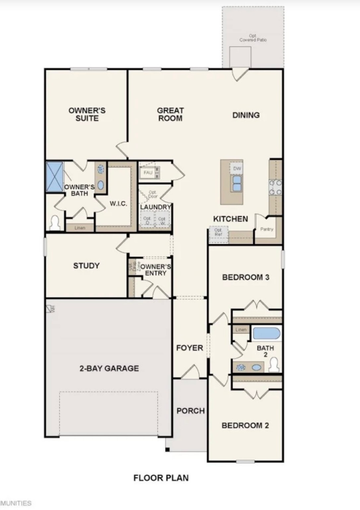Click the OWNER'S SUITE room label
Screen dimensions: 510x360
click(87, 115)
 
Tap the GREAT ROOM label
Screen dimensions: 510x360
click(170, 115)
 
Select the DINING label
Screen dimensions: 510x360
click(246, 115)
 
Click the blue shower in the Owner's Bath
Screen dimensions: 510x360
click(54, 177)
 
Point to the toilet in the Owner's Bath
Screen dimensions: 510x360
click(55, 223)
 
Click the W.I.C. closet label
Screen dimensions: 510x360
click(118, 204)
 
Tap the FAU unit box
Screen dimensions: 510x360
click(148, 173)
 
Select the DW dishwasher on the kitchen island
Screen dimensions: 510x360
click(237, 169)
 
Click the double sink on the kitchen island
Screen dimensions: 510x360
click(237, 183)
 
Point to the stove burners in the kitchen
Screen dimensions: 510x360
click(275, 187)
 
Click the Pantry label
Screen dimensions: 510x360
click(267, 229)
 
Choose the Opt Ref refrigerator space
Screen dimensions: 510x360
click(218, 232)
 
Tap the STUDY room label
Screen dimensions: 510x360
click(86, 266)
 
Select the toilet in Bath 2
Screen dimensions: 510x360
click(274, 365)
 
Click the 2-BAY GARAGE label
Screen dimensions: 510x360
click(109, 368)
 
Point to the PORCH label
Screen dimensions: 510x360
click(190, 411)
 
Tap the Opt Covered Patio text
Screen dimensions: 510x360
click(253, 38)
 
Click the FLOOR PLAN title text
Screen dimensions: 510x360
click(161, 478)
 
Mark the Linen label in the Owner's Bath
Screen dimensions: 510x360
click(80, 228)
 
